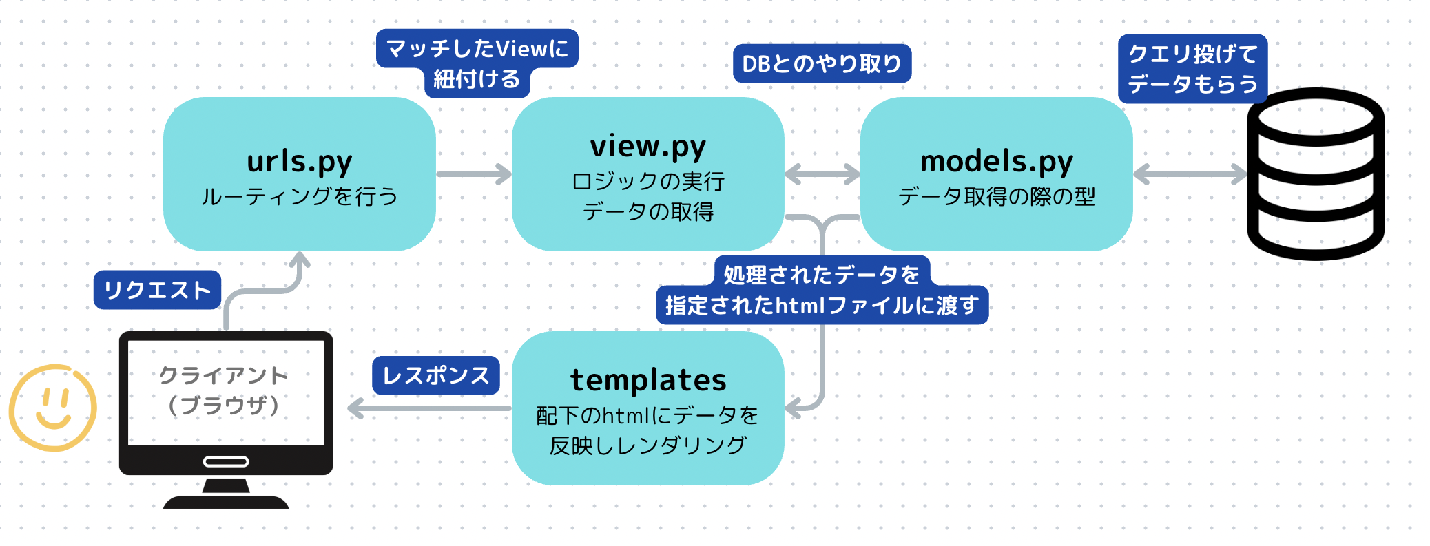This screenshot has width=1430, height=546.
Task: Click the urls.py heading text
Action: (300, 162)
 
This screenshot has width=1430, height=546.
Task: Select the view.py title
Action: (647, 147)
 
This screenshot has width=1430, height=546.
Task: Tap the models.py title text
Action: (996, 162)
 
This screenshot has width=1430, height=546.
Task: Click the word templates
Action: (647, 380)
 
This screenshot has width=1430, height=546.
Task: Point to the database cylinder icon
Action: (1316, 174)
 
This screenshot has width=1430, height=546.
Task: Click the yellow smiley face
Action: (53, 408)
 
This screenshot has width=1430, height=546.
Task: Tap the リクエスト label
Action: (157, 290)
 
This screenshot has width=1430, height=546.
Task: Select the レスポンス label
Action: (435, 375)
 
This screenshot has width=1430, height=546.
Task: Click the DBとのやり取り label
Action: (822, 64)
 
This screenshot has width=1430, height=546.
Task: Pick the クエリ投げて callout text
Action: (1192, 54)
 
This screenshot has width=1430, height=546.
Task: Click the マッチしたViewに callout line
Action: (477, 48)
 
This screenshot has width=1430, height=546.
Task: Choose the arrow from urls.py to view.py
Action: (473, 174)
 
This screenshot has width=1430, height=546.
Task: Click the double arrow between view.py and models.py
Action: (822, 174)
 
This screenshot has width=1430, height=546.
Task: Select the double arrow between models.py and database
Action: (1190, 174)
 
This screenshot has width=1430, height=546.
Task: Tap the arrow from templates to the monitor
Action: (429, 408)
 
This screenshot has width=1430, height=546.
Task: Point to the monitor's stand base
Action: (226, 502)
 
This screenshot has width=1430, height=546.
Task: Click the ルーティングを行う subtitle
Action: (300, 197)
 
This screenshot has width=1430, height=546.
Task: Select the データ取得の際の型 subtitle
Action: (996, 197)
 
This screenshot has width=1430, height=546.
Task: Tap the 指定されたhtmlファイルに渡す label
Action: (822, 305)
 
